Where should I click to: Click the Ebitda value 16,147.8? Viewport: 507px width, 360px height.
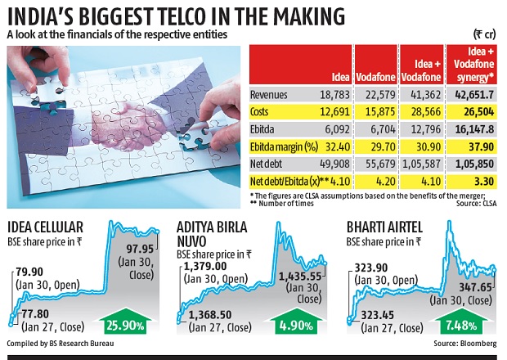click(x=472, y=129)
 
